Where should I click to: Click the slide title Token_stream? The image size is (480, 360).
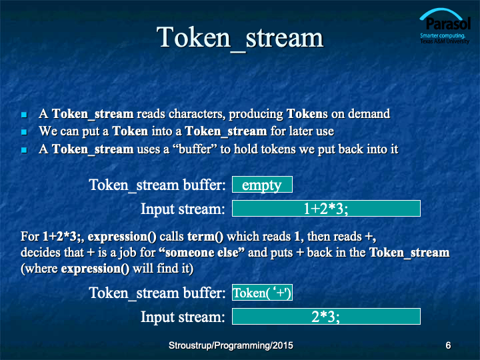point(240,38)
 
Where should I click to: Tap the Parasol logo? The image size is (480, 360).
point(445,26)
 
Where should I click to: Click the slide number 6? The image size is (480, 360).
point(448,345)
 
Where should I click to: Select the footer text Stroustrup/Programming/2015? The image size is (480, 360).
point(231,345)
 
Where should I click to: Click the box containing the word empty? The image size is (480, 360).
point(262,184)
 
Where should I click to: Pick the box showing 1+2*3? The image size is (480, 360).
point(326,209)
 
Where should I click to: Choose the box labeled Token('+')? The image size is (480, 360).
point(262,293)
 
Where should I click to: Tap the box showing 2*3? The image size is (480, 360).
point(326,316)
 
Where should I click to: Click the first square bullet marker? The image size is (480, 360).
point(24,115)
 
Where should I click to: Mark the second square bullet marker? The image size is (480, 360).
point(24,132)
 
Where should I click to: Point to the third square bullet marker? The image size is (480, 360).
point(24,150)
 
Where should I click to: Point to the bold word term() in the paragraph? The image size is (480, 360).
point(205,237)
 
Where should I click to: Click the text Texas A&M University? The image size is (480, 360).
point(445,41)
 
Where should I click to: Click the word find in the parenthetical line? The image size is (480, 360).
point(168,269)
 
